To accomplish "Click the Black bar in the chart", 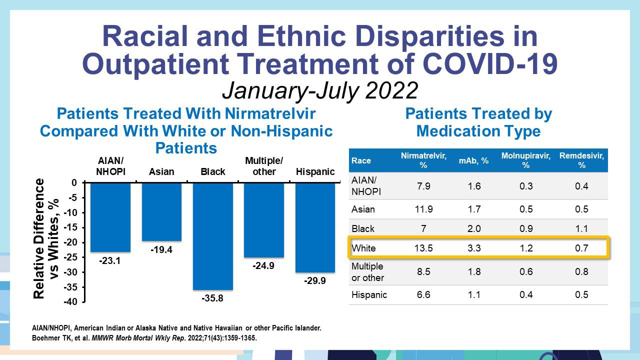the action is coord(213,236).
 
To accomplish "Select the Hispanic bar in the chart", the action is coord(315,227).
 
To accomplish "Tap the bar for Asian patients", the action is coord(161,211).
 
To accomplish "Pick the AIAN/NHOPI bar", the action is coord(110,217).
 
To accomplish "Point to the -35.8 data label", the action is coord(212,298).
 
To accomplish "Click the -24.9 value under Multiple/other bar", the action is coord(263,266).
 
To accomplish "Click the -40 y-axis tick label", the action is coord(70,302).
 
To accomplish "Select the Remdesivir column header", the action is coord(581,160).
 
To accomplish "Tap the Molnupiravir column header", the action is coord(525,160).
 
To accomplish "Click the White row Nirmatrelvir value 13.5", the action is coord(423,248).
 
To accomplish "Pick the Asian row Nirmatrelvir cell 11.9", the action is coord(423,209).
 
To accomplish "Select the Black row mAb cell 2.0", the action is coord(474,228).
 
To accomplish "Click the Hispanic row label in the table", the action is coord(369,294).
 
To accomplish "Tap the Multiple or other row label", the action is coord(367,271).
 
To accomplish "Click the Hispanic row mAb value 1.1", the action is coord(474,294).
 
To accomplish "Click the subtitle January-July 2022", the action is coord(320,90).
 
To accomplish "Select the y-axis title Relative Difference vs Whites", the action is coord(45,238).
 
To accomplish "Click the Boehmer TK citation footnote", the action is coord(144,338).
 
